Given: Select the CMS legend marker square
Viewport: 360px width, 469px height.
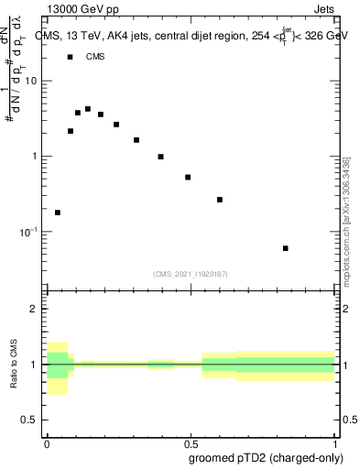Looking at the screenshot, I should [x=70, y=57].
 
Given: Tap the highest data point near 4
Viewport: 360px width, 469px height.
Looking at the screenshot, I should [x=88, y=109].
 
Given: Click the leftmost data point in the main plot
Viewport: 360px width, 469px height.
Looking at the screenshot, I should [x=58, y=213].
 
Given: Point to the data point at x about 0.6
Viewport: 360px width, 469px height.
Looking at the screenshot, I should [x=220, y=200].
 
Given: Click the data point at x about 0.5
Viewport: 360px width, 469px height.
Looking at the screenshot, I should [x=188, y=178].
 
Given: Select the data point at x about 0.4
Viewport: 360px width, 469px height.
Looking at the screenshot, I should [x=160, y=157].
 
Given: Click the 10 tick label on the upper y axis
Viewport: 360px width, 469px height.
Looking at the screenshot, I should [x=31, y=81].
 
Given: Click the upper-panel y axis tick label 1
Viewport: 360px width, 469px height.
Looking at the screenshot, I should [x=35, y=157].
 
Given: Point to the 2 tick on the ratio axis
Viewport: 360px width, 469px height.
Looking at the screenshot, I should [x=34, y=310].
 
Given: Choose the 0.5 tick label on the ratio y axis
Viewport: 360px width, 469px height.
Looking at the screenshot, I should [x=29, y=420].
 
